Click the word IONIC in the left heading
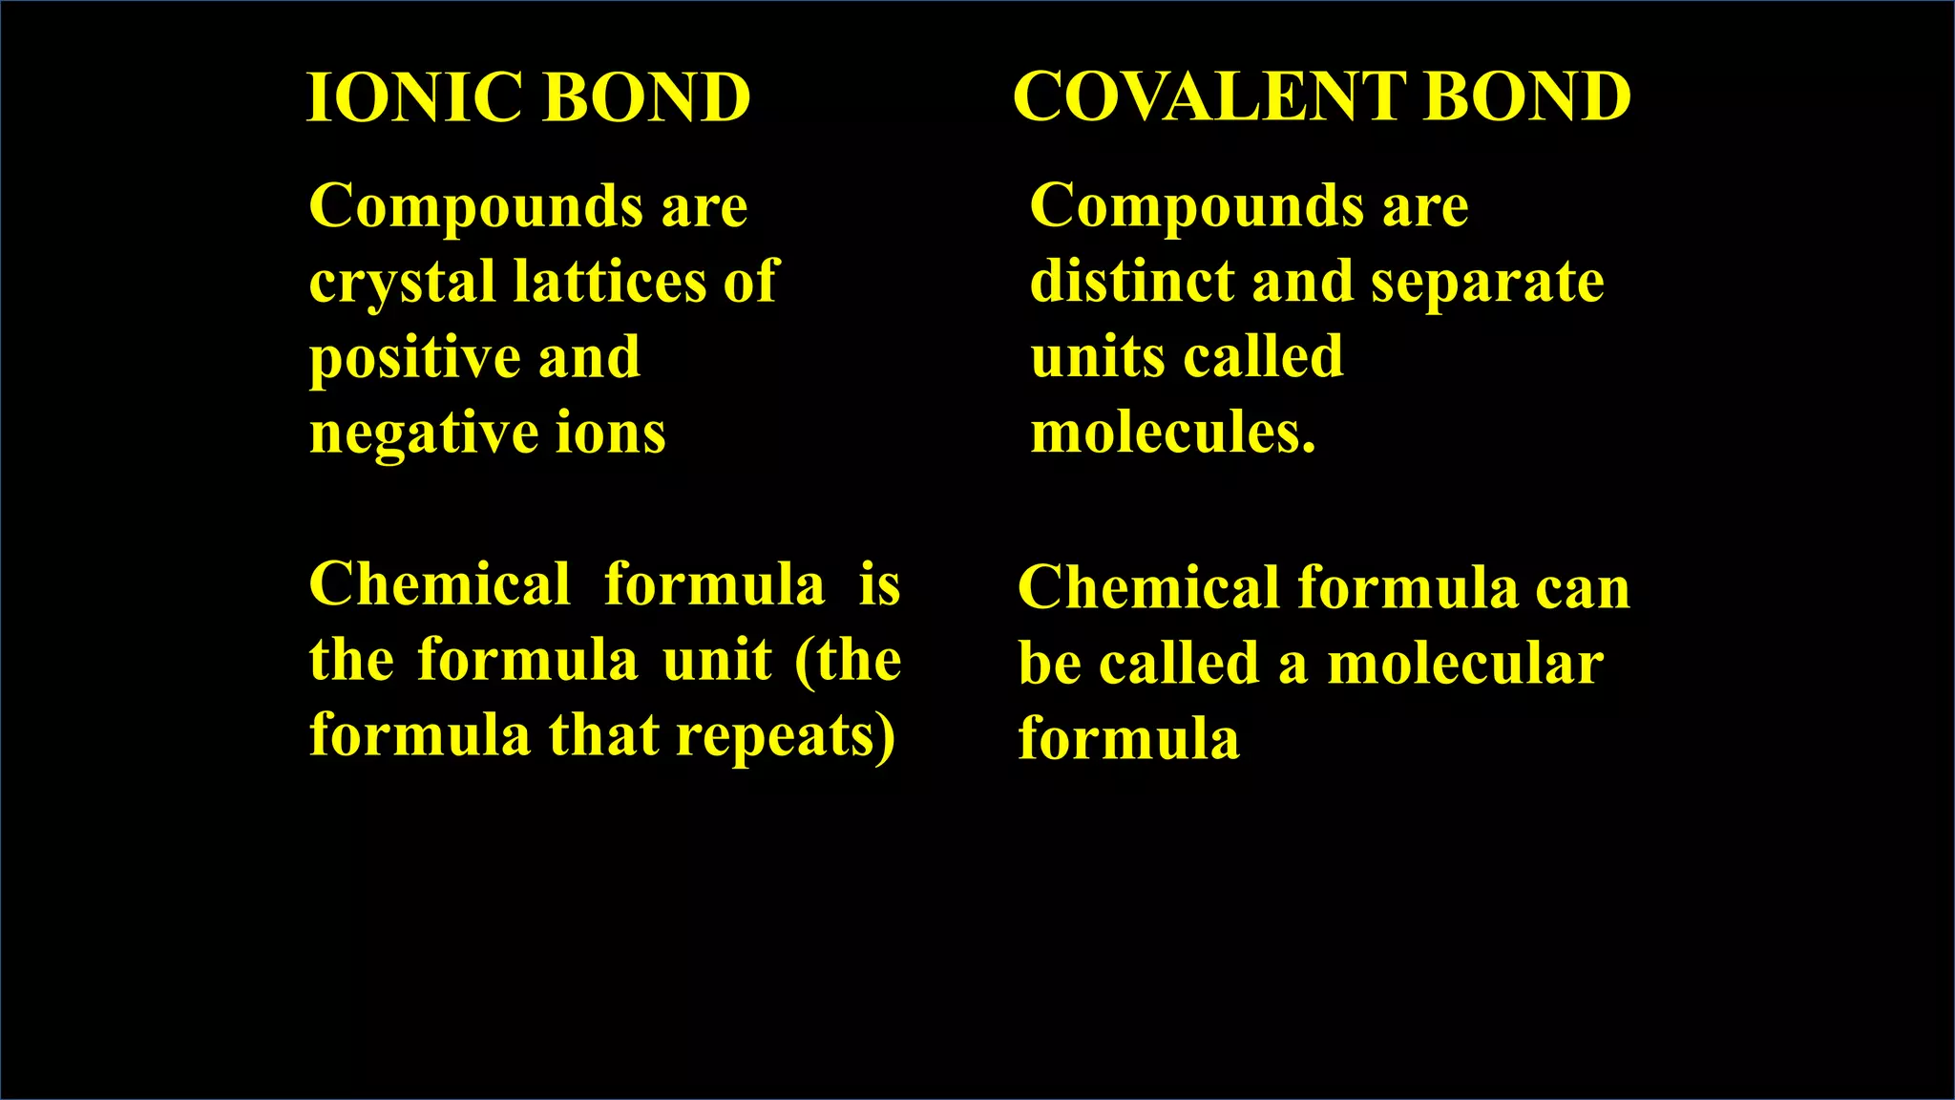click(413, 97)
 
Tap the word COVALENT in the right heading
click(1209, 97)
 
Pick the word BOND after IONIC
click(646, 97)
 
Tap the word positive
click(413, 359)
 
